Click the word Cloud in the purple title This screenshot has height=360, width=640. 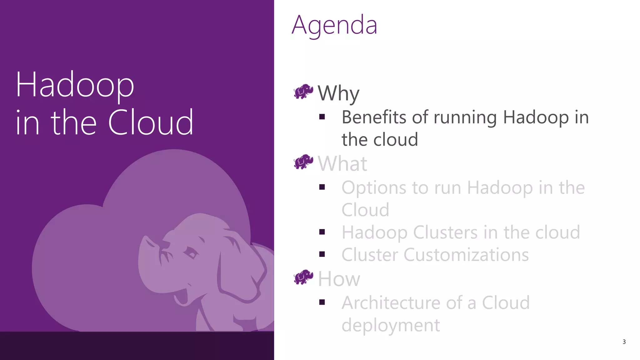click(151, 122)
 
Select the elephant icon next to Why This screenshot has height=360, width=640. click(303, 92)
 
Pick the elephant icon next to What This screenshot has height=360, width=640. click(303, 162)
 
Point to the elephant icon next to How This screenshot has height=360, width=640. click(303, 277)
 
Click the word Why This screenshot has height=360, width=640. click(338, 93)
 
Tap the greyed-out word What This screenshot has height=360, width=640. click(342, 163)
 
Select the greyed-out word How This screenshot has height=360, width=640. click(339, 278)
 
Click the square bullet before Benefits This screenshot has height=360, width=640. click(322, 117)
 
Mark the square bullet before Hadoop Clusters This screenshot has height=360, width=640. click(322, 232)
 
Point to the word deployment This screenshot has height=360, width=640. click(391, 325)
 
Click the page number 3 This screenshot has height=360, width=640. click(624, 342)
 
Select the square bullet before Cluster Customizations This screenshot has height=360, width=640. click(322, 254)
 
